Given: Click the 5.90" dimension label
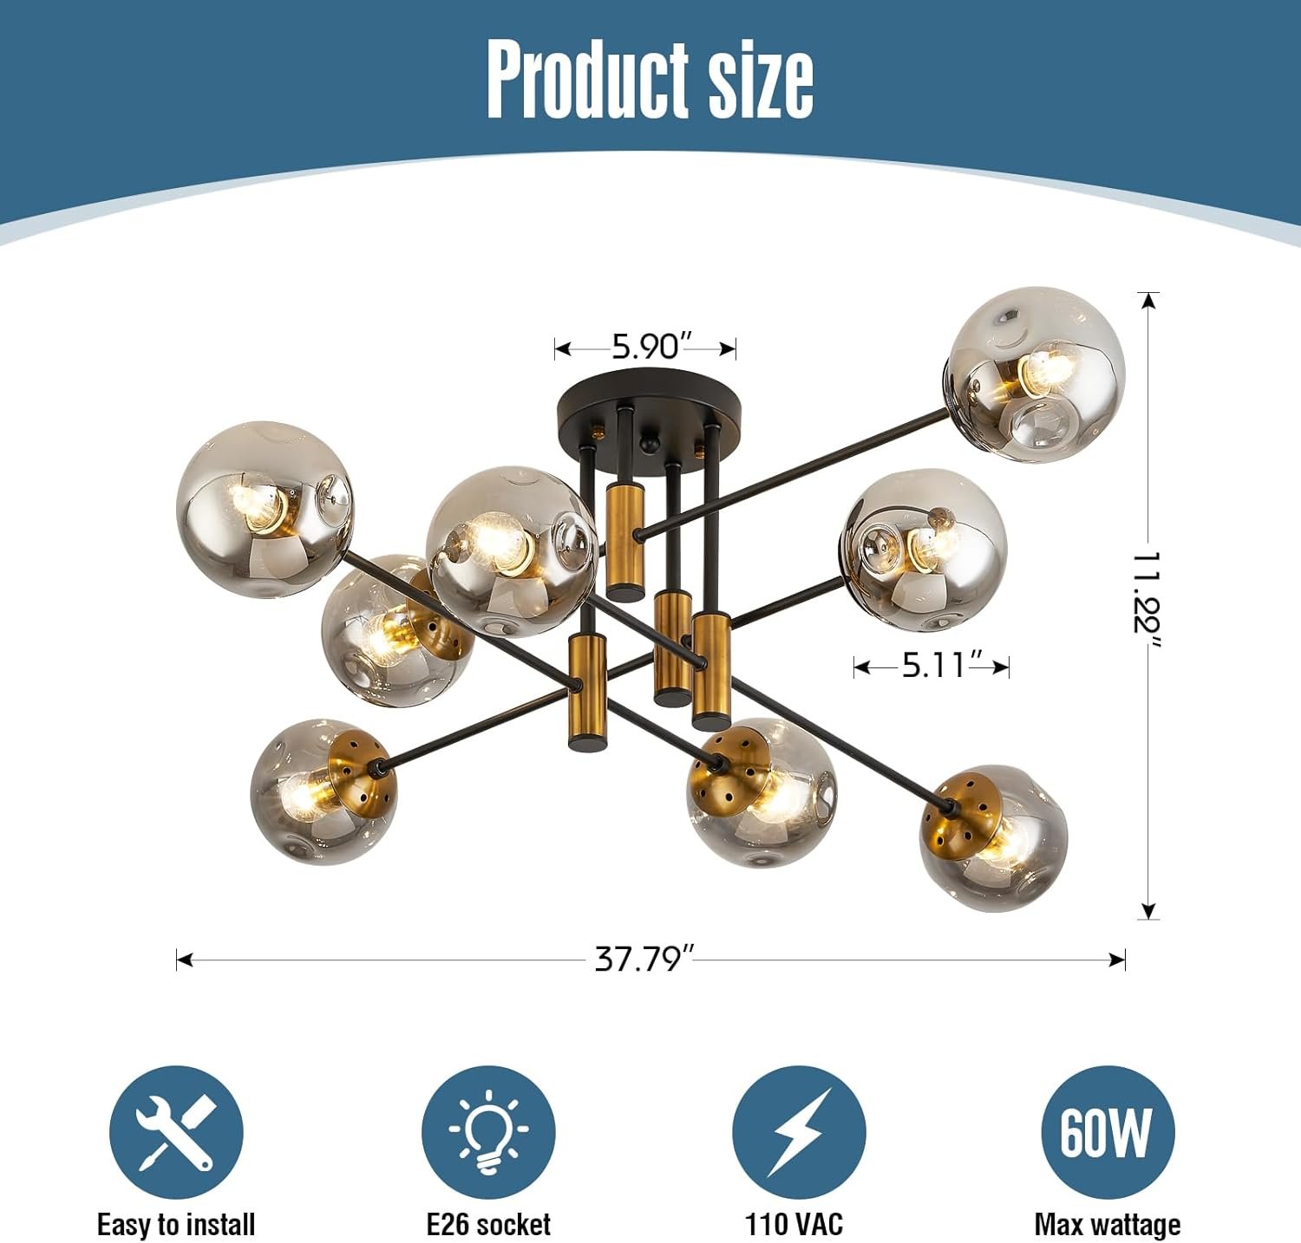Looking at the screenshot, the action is click(x=644, y=347).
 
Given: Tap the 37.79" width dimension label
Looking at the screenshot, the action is click(x=644, y=959).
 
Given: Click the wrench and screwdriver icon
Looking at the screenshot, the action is click(x=176, y=1132).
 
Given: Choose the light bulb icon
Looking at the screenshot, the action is click(x=488, y=1132).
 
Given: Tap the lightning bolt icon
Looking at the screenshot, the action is click(x=799, y=1132).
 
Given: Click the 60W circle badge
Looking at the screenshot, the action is click(x=1108, y=1132).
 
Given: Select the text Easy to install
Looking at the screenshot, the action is click(x=176, y=1224).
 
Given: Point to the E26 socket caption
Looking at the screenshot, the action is click(x=488, y=1224).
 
